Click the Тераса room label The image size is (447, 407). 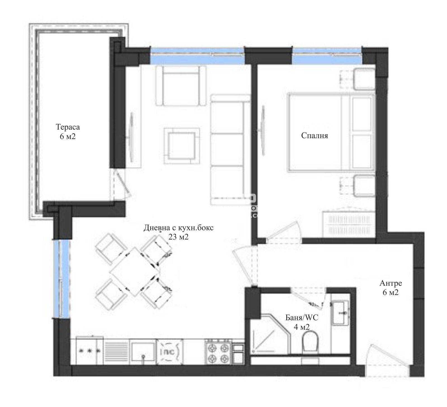point(68,127)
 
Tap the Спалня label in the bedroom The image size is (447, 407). point(314,136)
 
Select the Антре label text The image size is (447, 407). point(391,283)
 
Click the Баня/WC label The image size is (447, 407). point(302,317)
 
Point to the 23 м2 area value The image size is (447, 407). point(178,237)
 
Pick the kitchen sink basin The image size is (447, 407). point(143,351)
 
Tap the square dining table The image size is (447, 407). point(135,271)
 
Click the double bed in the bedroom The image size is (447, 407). point(331,132)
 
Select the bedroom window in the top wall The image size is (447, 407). point(327,56)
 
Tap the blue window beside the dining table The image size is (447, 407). point(62,278)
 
